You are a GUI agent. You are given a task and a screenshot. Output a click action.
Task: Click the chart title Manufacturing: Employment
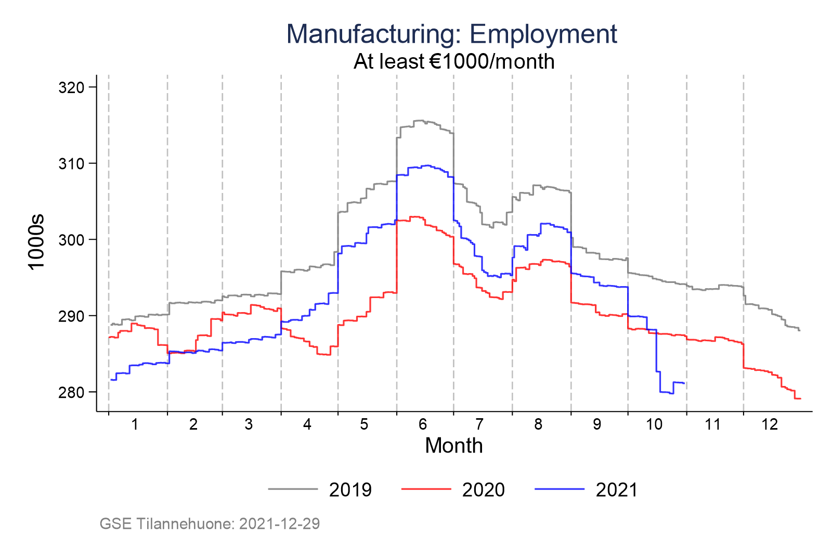click(x=451, y=34)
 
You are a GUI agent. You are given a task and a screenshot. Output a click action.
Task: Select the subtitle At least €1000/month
click(x=453, y=61)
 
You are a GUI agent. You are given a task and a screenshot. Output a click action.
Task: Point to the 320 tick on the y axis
click(x=72, y=87)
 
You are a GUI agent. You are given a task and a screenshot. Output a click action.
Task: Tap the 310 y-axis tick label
click(x=72, y=164)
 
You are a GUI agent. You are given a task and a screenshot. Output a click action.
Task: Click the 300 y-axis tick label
click(x=72, y=240)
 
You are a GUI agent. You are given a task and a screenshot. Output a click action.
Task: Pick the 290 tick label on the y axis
click(x=72, y=316)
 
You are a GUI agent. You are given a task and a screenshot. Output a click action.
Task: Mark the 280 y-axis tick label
click(x=72, y=392)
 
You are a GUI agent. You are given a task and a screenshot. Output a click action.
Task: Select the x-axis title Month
click(x=453, y=446)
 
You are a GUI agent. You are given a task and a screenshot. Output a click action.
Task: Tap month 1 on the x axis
click(x=135, y=424)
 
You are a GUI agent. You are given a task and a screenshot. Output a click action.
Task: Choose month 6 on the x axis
click(x=423, y=424)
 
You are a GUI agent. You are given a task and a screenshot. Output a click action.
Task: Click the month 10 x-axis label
click(x=654, y=424)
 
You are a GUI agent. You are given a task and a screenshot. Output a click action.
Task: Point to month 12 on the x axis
click(x=770, y=424)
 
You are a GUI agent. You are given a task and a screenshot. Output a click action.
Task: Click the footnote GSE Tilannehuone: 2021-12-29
click(x=210, y=523)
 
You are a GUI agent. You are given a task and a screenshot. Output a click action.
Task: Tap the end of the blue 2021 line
click(x=684, y=383)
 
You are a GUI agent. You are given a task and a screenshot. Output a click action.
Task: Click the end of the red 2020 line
click(x=800, y=398)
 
